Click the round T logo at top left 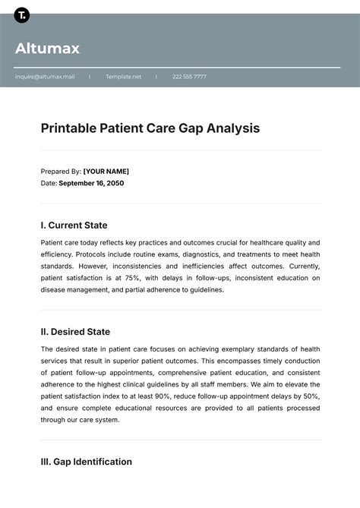click(x=21, y=15)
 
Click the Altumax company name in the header click(x=47, y=49)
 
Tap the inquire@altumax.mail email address click(x=45, y=77)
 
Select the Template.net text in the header click(x=124, y=77)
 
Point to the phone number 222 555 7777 click(x=189, y=77)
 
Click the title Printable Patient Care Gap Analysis click(x=150, y=128)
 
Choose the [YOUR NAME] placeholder click(x=106, y=171)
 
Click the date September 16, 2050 click(x=91, y=183)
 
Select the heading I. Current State click(x=74, y=225)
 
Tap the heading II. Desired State click(x=75, y=332)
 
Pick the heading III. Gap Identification click(x=87, y=462)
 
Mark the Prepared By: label click(x=61, y=171)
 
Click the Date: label click(x=49, y=183)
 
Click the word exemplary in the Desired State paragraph click(x=232, y=349)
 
